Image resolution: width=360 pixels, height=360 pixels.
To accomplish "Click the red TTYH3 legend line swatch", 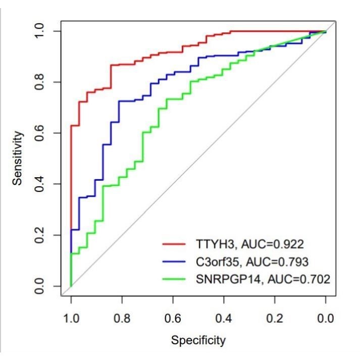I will pyautogui.click(x=176, y=244).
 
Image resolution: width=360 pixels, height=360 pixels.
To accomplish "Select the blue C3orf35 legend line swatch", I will pyautogui.click(x=176, y=261).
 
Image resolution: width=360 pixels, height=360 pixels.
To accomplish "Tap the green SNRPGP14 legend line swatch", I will pyautogui.click(x=176, y=278).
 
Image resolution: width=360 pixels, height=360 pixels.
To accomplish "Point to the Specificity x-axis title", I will pyautogui.click(x=198, y=340).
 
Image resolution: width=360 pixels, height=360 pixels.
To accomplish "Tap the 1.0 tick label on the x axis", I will pyautogui.click(x=71, y=319).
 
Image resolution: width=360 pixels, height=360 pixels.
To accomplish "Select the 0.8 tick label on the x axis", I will pyautogui.click(x=122, y=319).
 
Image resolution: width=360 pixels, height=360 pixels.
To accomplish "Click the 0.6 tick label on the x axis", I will pyautogui.click(x=173, y=319).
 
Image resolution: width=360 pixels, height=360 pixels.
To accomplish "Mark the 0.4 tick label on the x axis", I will pyautogui.click(x=224, y=319).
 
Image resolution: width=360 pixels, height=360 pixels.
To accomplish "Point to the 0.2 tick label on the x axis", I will pyautogui.click(x=275, y=319).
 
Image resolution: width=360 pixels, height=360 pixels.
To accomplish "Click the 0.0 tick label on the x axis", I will pyautogui.click(x=326, y=319).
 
